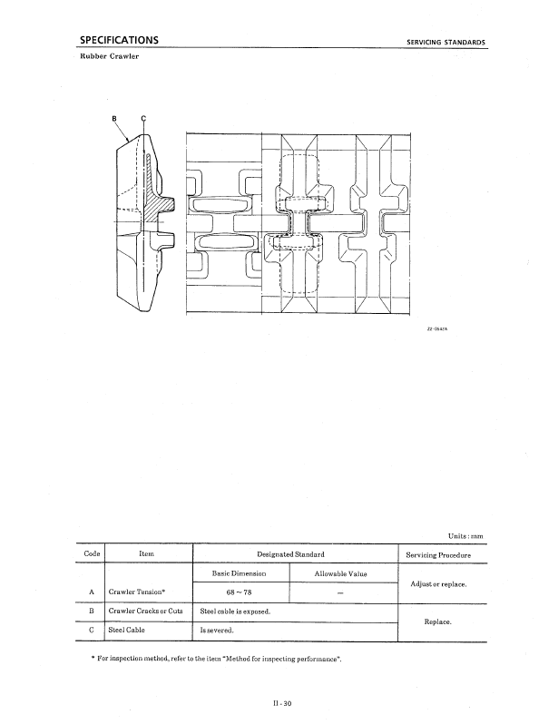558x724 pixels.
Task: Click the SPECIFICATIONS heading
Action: pyautogui.click(x=119, y=40)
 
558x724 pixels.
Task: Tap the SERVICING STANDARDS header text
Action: pyautogui.click(x=445, y=42)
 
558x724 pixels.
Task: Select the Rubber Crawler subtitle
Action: pyautogui.click(x=110, y=56)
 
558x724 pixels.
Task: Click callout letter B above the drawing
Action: pyautogui.click(x=114, y=119)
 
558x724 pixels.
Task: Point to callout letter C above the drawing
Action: pyautogui.click(x=143, y=119)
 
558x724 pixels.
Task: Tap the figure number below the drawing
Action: pyautogui.click(x=437, y=328)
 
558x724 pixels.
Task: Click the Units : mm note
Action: pyautogui.click(x=465, y=536)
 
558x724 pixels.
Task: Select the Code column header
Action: pyautogui.click(x=92, y=553)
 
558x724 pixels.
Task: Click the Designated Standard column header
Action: pyautogui.click(x=290, y=554)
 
